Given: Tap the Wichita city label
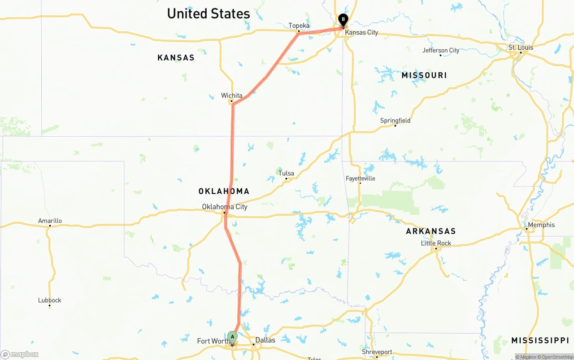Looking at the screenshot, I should pyautogui.click(x=231, y=95).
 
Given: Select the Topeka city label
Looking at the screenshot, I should pyautogui.click(x=299, y=26).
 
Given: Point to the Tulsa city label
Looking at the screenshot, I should pyautogui.click(x=286, y=173).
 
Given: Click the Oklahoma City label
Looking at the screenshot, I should pyautogui.click(x=224, y=207).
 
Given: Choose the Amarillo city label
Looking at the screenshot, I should pyautogui.click(x=50, y=221).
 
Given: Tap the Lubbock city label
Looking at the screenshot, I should pyautogui.click(x=49, y=300).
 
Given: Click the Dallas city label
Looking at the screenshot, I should pyautogui.click(x=265, y=340).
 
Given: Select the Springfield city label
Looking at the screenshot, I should pyautogui.click(x=395, y=121).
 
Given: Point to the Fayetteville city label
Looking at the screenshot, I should pyautogui.click(x=360, y=178).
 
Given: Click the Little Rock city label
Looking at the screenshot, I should pyautogui.click(x=436, y=243).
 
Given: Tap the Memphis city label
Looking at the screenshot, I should pyautogui.click(x=541, y=225).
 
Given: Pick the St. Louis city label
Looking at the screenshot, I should pyautogui.click(x=521, y=48).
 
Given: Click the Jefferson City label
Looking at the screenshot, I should pyautogui.click(x=441, y=50).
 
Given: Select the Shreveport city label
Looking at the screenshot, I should pyautogui.click(x=377, y=352).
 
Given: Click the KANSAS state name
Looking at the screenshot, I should pyautogui.click(x=176, y=57).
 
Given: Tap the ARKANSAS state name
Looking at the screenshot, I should pyautogui.click(x=430, y=231).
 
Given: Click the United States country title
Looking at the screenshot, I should pyautogui.click(x=208, y=13).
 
